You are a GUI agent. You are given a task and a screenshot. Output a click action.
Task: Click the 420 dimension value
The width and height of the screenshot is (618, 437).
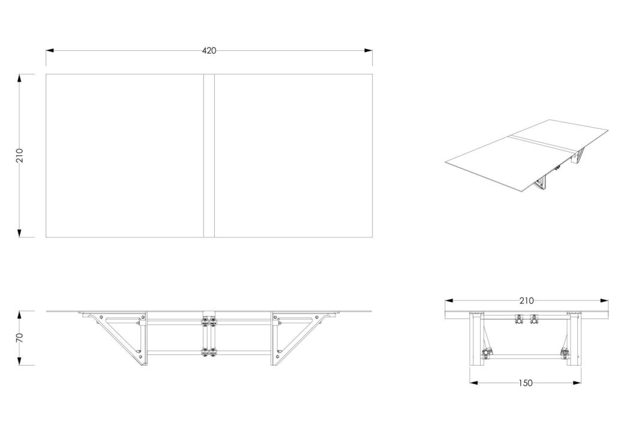click(x=209, y=51)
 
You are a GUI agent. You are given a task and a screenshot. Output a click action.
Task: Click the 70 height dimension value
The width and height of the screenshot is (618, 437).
click(x=20, y=337)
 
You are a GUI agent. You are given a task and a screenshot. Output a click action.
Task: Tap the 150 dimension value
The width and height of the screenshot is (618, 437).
click(x=526, y=382)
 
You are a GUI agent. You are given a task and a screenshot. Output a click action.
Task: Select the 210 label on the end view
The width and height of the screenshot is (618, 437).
click(x=526, y=301)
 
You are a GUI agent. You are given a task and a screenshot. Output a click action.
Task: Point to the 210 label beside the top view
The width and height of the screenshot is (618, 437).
click(x=20, y=155)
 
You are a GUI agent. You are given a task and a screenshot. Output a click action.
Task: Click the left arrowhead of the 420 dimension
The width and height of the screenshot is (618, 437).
click(x=50, y=51)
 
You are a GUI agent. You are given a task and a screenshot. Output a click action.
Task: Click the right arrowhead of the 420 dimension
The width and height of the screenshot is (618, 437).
click(x=368, y=51)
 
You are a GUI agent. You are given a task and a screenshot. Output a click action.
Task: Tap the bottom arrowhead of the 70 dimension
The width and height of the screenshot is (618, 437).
click(x=20, y=361)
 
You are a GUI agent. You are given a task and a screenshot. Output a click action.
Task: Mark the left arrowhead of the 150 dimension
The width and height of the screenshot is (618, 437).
click(x=474, y=382)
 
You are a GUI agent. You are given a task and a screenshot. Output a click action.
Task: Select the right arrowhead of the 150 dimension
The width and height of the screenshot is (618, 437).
click(x=577, y=382)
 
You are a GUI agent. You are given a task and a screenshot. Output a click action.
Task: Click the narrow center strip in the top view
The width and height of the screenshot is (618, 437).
click(x=209, y=155)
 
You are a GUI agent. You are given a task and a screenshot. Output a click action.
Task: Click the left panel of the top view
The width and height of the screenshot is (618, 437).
click(x=125, y=155)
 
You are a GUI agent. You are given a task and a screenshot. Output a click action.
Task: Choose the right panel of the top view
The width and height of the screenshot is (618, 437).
click(x=293, y=155)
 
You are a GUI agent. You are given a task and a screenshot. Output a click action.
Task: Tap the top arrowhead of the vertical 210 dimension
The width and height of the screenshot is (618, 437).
click(x=20, y=79)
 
